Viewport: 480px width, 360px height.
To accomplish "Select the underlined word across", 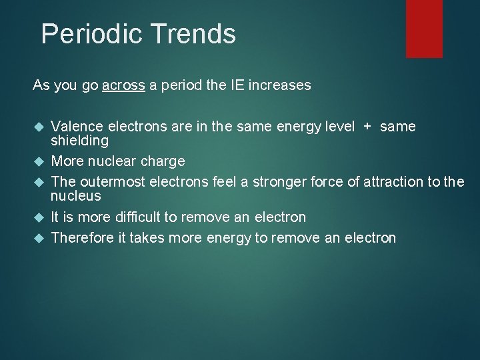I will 123,86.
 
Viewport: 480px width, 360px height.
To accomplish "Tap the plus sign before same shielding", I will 367,127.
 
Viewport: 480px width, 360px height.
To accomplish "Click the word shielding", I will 79,141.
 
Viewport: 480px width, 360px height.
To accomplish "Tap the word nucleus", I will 76,196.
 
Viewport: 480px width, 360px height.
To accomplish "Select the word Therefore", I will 79,237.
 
